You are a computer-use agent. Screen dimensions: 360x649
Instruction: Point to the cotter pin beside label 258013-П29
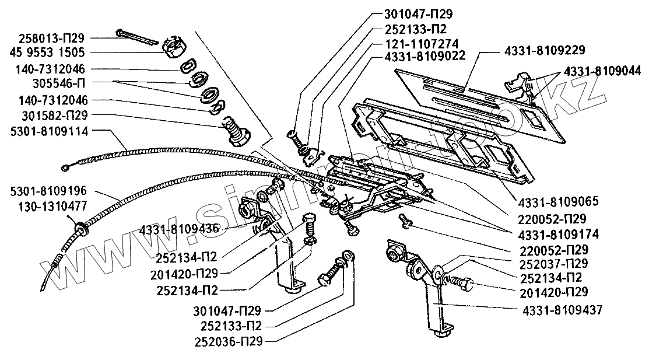[x=136, y=36]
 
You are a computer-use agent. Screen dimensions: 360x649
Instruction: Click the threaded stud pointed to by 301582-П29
[x=236, y=130]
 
